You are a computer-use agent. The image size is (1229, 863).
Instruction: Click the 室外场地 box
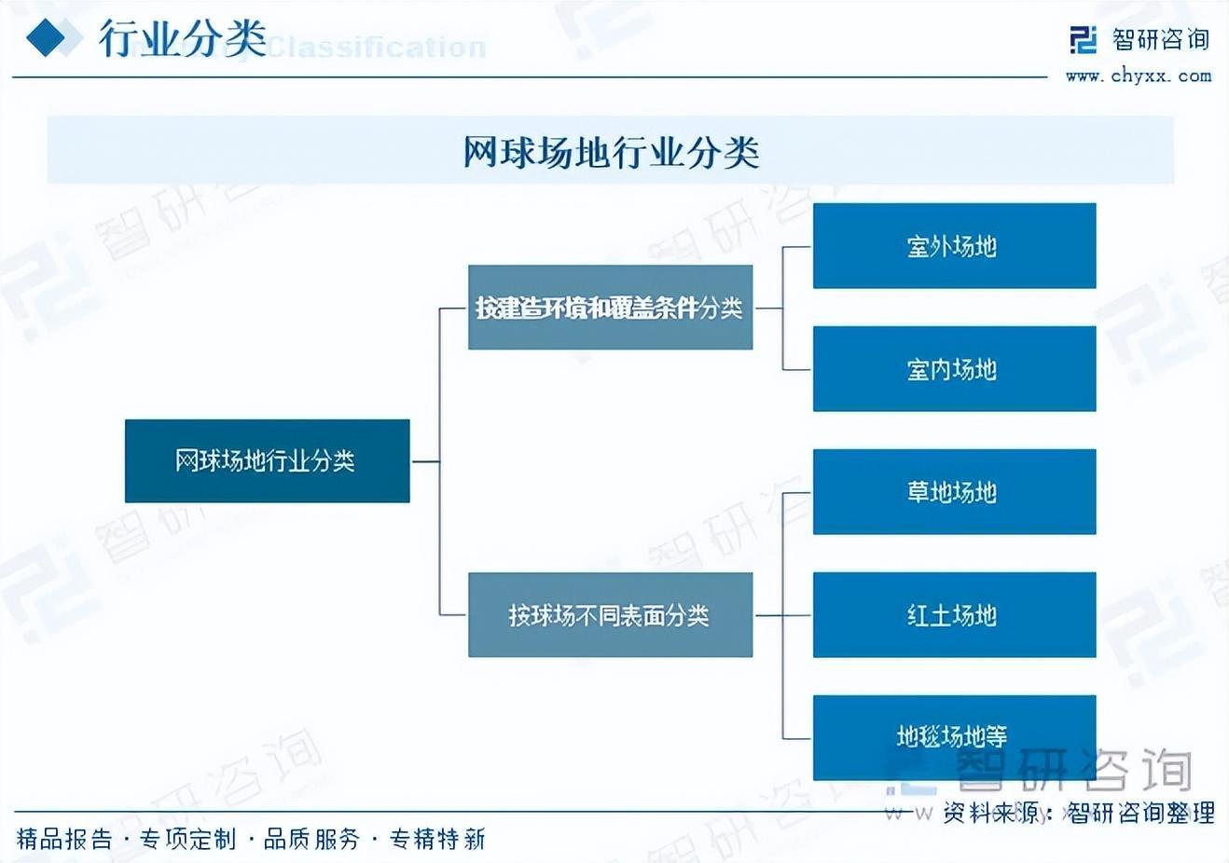[x=954, y=246]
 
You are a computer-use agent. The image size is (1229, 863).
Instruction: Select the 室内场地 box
[x=954, y=369]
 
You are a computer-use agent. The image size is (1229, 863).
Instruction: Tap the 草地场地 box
[x=954, y=492]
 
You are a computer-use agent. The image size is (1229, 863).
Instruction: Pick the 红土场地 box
[x=954, y=615]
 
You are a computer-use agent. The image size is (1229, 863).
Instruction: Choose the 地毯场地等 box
[x=954, y=737]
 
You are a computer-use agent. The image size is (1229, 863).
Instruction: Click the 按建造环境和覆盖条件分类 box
[x=610, y=308]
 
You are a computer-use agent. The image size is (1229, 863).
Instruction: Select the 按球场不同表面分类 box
[x=610, y=615]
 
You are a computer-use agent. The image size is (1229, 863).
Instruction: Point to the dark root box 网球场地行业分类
[x=267, y=460]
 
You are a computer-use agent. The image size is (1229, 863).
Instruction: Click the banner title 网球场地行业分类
[x=611, y=152]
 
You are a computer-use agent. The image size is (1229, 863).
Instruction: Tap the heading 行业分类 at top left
[x=183, y=39]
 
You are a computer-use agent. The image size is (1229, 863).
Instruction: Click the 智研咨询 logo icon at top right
[x=1084, y=40]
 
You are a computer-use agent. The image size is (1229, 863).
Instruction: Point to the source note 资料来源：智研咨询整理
[x=1078, y=813]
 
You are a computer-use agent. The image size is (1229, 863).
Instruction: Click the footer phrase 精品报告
[x=63, y=840]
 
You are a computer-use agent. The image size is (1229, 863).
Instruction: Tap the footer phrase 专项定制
[x=188, y=840]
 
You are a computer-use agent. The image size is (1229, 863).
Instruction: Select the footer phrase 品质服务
[x=311, y=840]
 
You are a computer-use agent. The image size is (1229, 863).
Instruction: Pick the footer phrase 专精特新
[x=437, y=840]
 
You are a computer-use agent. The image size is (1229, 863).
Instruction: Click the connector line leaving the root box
[x=424, y=460]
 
